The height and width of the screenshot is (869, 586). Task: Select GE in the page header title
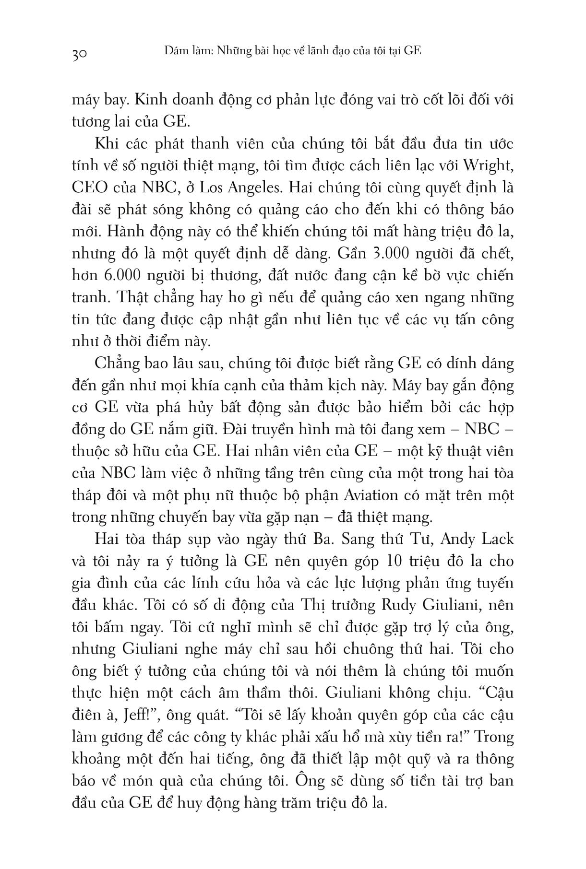[x=412, y=50]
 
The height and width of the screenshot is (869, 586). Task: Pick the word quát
[x=210, y=715]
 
